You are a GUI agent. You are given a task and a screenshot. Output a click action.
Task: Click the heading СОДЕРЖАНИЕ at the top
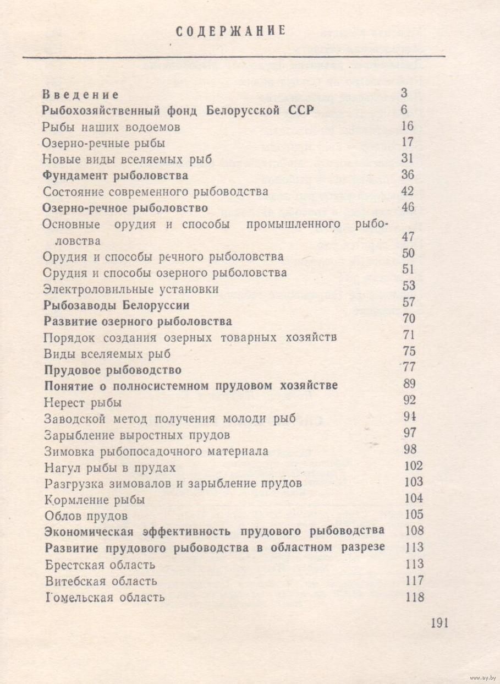pos(231,31)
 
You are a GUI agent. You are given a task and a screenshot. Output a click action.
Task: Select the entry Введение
pos(81,94)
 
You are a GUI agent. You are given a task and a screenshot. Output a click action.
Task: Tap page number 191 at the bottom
pos(440,623)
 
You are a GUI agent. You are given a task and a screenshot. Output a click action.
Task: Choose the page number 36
pos(408,175)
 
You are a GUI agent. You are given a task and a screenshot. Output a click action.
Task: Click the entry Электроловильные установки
pos(131,289)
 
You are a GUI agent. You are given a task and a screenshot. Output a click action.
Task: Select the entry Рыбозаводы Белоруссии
pos(116,305)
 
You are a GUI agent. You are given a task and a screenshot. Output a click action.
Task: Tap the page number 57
pos(409,302)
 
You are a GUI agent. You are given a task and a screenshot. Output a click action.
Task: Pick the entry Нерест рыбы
pos(83,402)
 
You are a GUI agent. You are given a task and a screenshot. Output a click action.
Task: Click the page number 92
pos(409,400)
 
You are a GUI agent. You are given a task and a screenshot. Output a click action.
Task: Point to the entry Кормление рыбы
pos(95,500)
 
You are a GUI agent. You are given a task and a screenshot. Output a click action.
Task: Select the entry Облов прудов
pos(86,516)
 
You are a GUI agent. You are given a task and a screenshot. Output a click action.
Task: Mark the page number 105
pos(413,515)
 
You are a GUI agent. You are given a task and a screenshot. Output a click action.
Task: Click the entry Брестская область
pos(100,565)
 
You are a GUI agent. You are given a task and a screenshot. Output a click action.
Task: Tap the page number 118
pos(414,597)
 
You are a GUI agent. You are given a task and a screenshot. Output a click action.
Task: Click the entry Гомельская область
pos(105,598)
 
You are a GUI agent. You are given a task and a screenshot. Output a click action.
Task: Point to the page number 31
pos(408,158)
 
